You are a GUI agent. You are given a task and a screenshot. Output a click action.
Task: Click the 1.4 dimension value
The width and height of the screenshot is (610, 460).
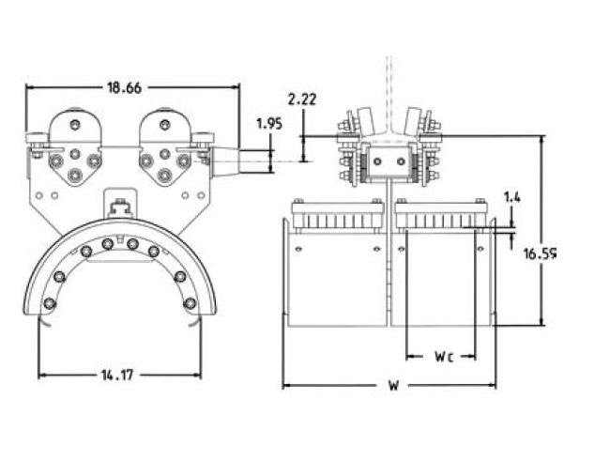(x=512, y=197)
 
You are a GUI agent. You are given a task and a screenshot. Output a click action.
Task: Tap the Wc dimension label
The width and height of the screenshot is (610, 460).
(x=445, y=357)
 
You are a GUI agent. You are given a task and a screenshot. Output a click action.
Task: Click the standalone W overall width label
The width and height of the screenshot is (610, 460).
(x=389, y=386)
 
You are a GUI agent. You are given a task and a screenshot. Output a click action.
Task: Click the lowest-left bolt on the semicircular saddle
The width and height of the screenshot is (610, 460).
(x=50, y=303)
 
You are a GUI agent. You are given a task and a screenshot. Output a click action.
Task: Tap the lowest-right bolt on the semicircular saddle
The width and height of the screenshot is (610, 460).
(x=190, y=303)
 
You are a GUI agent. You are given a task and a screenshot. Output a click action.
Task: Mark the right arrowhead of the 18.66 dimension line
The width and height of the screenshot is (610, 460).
(x=236, y=88)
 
